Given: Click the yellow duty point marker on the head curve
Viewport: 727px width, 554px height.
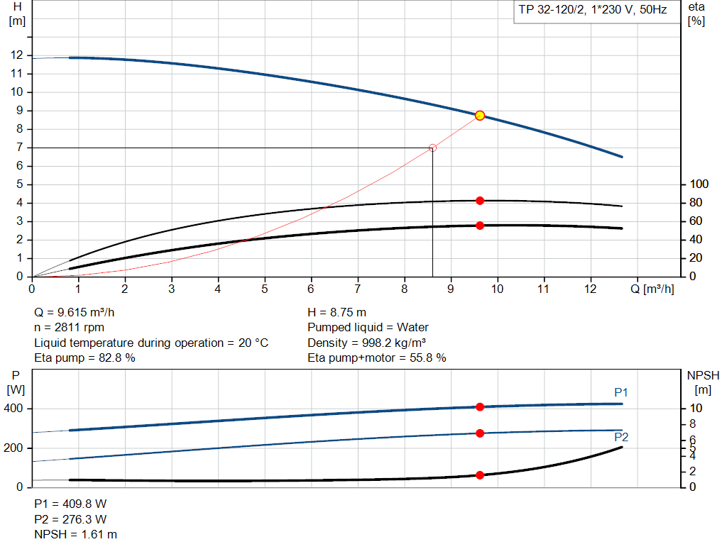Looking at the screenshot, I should [480, 116].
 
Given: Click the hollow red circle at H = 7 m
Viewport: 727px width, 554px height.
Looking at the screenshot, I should [432, 148].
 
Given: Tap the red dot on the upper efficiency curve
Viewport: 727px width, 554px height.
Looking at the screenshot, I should [480, 201].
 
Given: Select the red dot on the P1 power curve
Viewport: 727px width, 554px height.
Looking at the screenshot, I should [480, 406].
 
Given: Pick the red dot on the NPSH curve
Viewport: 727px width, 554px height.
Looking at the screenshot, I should [480, 475].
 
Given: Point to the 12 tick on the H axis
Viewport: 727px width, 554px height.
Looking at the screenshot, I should [17, 55].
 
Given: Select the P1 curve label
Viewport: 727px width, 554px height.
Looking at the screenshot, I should [621, 392].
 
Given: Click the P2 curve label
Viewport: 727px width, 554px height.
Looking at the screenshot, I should [621, 437].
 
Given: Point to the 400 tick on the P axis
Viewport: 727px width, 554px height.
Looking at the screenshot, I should [15, 409].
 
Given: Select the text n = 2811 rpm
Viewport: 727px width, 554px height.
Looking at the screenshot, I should [69, 328].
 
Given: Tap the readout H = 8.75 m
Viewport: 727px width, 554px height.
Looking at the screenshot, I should [337, 312].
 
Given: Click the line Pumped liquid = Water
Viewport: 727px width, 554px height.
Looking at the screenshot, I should [368, 328].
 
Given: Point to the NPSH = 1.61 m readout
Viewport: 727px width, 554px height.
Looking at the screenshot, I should [76, 534].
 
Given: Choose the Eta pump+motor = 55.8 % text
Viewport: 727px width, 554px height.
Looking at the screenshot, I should [377, 358].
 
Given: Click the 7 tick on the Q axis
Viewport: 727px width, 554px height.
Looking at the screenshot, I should [358, 289].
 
